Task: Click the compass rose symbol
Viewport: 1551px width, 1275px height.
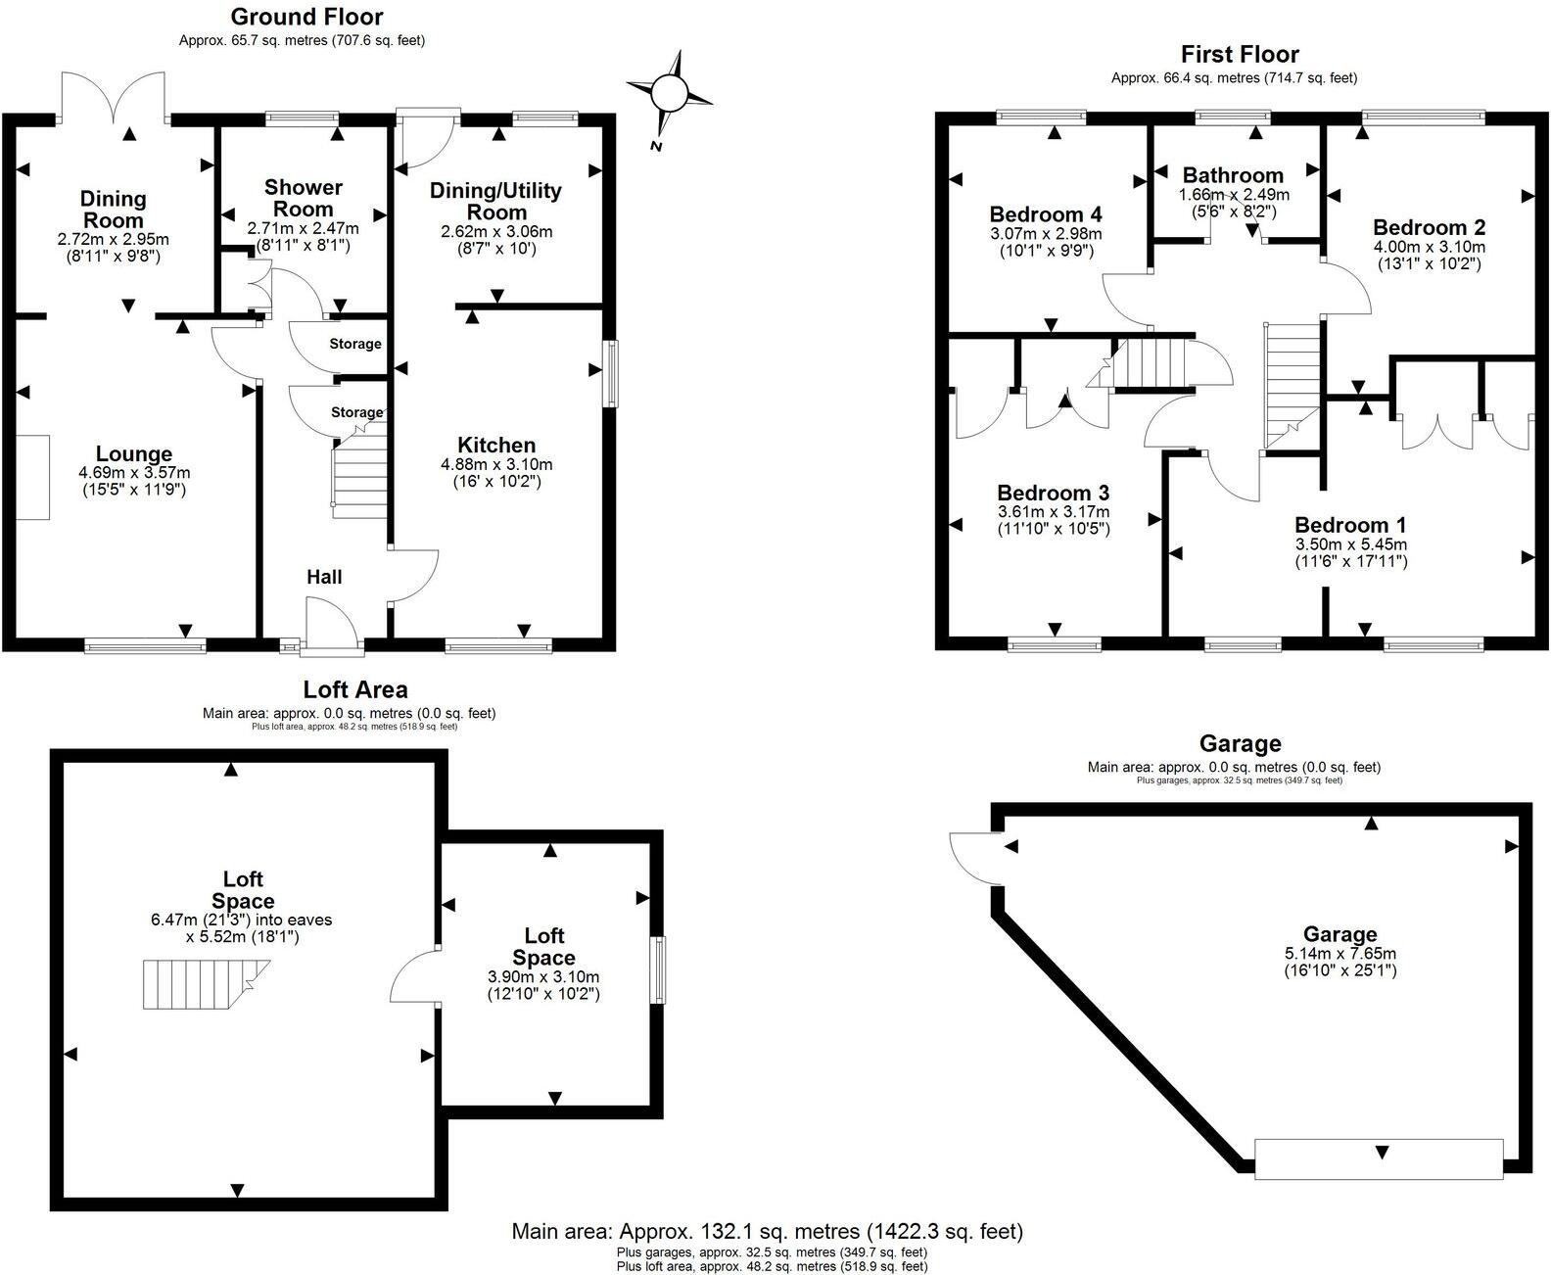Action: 669,93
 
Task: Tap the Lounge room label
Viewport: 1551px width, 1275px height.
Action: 134,453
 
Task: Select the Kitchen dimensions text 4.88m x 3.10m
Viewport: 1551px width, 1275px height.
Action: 496,464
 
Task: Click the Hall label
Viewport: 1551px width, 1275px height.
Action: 324,577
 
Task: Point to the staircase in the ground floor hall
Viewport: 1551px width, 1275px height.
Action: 359,466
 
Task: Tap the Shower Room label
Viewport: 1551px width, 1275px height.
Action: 303,198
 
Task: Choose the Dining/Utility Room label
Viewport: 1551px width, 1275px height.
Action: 495,201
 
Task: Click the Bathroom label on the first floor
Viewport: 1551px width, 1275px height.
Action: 1234,175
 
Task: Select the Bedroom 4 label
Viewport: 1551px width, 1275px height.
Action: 1046,214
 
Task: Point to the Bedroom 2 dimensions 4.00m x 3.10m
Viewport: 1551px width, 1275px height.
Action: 1429,247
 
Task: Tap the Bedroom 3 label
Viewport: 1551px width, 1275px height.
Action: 1054,493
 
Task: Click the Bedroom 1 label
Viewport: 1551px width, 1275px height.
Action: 1350,525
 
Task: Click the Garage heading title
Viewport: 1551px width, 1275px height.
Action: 1240,744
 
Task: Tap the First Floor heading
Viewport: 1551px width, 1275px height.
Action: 1240,54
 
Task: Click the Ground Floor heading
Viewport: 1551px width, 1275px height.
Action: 306,17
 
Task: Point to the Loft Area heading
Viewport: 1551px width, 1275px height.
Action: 355,689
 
